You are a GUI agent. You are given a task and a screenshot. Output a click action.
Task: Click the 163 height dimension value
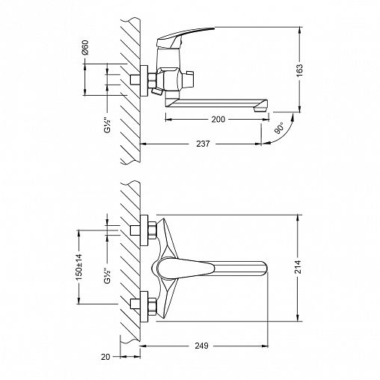coord(299,70)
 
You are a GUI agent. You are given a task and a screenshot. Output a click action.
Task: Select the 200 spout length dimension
coord(218,120)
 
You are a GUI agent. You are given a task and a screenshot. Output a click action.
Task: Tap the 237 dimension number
coord(203,144)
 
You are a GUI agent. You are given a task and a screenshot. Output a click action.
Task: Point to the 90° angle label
coord(280,128)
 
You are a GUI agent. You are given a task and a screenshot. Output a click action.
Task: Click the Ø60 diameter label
coord(85,47)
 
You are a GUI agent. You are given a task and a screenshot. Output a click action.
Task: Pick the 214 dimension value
coord(298,267)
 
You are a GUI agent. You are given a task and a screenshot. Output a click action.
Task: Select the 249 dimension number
coord(201,346)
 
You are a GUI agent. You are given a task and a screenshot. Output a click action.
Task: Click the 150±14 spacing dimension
coord(79,267)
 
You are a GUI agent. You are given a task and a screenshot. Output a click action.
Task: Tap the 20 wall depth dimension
coord(105,357)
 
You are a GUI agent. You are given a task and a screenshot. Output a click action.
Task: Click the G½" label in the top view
coord(107,126)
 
